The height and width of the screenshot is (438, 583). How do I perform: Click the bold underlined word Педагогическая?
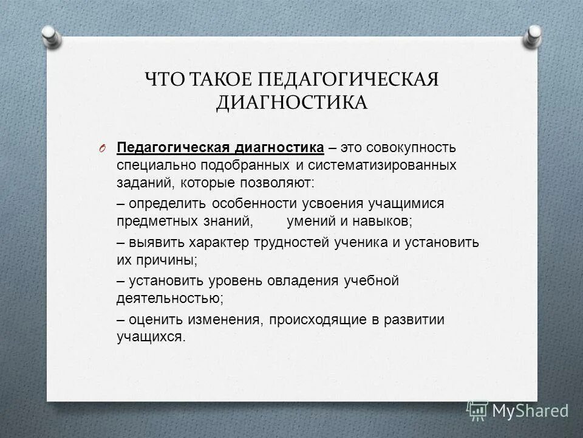(x=162, y=148)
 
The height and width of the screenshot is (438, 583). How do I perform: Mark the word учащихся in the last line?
(x=151, y=336)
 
